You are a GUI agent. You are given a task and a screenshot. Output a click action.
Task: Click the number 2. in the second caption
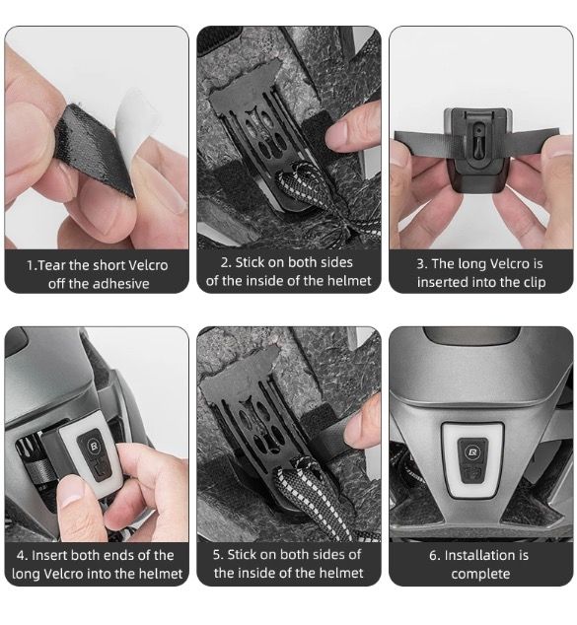[x=226, y=262]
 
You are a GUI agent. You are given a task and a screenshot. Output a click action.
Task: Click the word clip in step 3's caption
[x=536, y=282]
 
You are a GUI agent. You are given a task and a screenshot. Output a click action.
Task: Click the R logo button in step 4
[x=94, y=446]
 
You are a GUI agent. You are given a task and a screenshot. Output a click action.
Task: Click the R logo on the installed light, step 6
[x=472, y=452]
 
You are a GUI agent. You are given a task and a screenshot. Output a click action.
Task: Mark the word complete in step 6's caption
[x=481, y=575]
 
